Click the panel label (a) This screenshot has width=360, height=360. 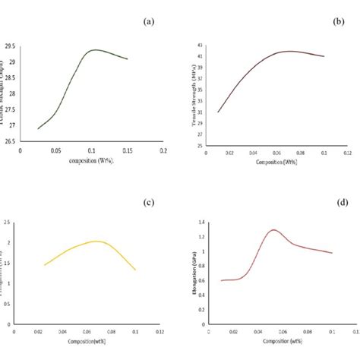(x=148, y=22)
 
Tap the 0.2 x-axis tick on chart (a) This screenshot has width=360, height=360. (x=163, y=150)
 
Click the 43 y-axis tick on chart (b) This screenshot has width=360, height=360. (x=198, y=47)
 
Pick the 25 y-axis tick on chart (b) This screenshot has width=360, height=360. (x=198, y=145)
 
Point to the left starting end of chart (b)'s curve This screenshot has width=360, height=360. (x=218, y=112)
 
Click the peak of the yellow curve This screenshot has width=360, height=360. (x=96, y=242)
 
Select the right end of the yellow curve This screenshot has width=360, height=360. (x=135, y=270)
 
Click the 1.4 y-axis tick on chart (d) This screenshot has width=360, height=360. (x=201, y=221)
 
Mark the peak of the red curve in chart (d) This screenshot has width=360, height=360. (x=273, y=229)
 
